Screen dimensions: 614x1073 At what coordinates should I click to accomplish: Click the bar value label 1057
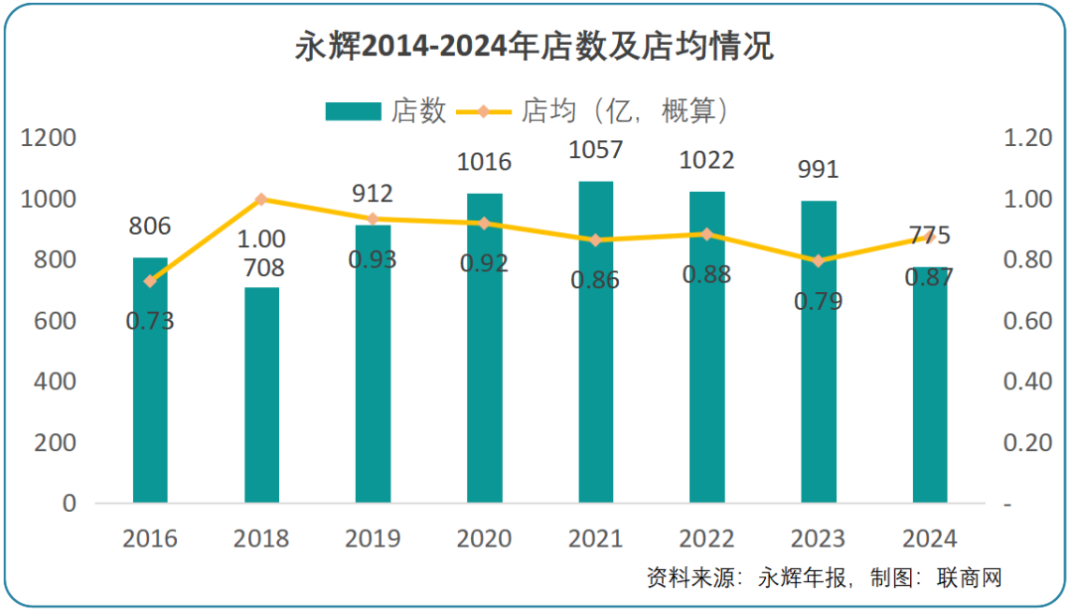(596, 151)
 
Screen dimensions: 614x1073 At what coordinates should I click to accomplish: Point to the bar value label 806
(150, 227)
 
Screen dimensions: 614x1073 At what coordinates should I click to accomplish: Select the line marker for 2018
(261, 199)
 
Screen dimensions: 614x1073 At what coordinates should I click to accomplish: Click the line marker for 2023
(819, 261)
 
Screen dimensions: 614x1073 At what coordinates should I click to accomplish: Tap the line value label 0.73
(150, 321)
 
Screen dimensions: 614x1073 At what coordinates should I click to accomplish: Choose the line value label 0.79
(819, 301)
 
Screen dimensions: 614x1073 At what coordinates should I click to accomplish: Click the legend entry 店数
(386, 111)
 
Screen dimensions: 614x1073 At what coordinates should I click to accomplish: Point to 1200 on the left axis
(49, 138)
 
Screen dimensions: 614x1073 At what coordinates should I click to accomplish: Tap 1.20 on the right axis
(1027, 138)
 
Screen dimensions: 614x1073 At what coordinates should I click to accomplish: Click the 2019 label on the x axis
(373, 538)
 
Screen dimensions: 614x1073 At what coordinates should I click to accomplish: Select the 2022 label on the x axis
(706, 538)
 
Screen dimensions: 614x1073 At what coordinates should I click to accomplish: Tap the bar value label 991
(819, 170)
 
